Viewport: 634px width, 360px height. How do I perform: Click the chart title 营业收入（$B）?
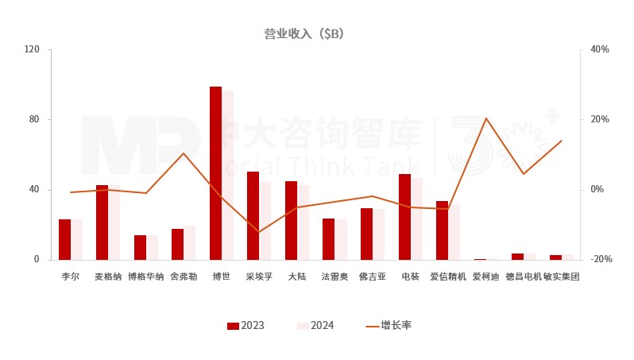[303, 33]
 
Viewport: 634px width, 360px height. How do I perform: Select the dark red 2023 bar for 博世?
[215, 173]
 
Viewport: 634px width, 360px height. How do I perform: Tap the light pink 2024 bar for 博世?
[228, 176]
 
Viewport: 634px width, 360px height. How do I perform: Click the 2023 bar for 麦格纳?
[102, 223]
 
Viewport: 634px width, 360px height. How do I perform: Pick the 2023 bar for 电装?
[404, 217]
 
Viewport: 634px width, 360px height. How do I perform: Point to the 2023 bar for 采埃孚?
[253, 215]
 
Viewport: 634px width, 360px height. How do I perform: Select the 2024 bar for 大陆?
[303, 223]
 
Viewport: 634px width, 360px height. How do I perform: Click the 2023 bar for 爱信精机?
[443, 230]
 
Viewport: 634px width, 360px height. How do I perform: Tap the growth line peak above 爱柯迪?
[485, 118]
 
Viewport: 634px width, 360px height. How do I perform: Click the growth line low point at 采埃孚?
[259, 232]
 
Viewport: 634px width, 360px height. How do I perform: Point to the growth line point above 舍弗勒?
[184, 153]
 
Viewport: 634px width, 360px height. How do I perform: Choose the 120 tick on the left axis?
[32, 49]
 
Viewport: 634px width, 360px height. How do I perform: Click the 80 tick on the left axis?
[34, 119]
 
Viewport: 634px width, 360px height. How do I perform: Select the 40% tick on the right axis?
[600, 49]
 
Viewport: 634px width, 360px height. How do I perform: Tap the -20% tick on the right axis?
[600, 260]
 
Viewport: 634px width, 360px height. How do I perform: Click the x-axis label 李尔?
[71, 277]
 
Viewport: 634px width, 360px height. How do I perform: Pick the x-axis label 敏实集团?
[561, 277]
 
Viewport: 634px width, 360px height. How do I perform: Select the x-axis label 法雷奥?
[334, 277]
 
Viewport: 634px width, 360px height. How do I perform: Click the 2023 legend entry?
[245, 326]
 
